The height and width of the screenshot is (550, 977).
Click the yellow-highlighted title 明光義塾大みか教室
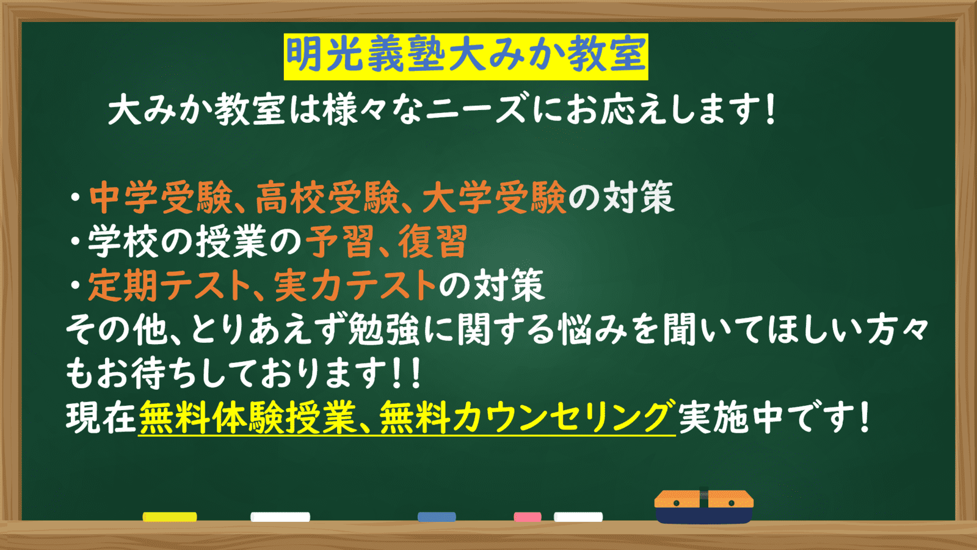pos(465,56)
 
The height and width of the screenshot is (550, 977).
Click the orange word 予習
pos(340,241)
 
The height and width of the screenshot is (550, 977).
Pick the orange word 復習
pos(433,241)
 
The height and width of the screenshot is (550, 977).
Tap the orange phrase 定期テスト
pos(169,285)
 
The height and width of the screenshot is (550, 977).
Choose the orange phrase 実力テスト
pos(355,285)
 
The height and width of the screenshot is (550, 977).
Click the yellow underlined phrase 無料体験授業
pos(247,418)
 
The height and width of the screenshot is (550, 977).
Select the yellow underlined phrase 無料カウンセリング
pos(527,418)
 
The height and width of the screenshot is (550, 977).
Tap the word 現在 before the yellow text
pos(101,418)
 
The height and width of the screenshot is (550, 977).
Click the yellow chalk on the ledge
pos(170,517)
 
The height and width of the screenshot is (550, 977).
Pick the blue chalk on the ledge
pos(437,517)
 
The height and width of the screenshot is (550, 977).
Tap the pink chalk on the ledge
pos(527,517)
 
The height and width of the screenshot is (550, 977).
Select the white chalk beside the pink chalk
pos(578,517)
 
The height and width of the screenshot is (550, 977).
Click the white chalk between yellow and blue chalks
pos(280,517)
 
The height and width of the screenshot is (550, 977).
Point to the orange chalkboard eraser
pos(703,506)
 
